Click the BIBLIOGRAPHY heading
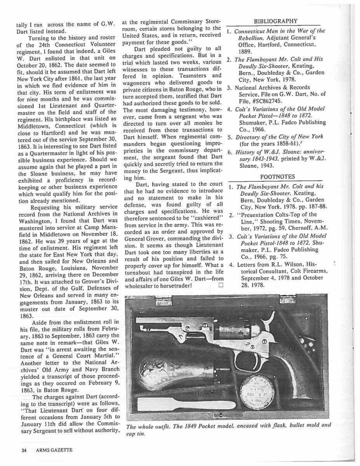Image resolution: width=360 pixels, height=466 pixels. click(275, 21)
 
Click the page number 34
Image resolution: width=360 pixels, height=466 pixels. click(24, 450)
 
